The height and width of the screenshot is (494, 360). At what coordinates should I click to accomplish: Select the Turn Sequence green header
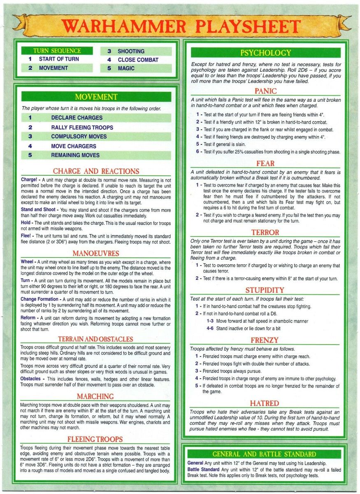point(51,51)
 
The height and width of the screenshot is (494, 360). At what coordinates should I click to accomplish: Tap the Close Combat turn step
point(137,60)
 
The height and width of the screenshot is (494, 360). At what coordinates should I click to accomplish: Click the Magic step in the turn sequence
point(126,68)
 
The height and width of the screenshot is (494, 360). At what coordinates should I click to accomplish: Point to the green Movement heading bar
point(96,97)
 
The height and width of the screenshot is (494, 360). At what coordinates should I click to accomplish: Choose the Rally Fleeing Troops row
point(82,128)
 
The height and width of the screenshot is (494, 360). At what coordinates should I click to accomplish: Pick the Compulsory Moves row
point(79,137)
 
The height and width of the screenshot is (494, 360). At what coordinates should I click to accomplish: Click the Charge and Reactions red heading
point(96,171)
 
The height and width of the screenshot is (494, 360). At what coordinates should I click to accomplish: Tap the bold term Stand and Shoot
point(39,210)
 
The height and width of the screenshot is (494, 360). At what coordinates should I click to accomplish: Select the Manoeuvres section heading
point(96,253)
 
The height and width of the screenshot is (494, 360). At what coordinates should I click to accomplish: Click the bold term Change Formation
point(39,299)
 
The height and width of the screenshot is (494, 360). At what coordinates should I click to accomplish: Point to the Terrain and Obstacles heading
point(96,339)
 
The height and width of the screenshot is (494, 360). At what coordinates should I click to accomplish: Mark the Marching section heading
point(96,396)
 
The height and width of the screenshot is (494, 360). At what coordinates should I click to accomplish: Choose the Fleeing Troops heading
point(96,439)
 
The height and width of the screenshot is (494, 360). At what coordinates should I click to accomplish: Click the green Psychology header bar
point(265,53)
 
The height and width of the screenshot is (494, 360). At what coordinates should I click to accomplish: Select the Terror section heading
point(265,233)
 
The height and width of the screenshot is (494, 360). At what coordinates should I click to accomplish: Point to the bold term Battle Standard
point(203,469)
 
